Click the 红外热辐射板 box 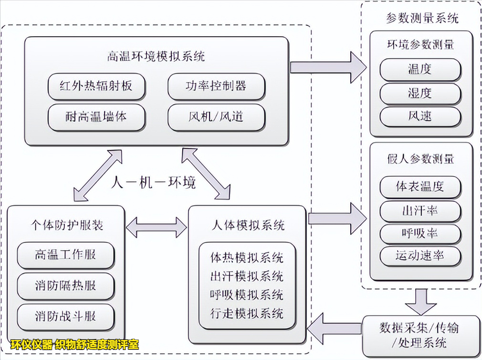click(96, 87)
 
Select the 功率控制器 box click(216, 86)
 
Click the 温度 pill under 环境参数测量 click(420, 70)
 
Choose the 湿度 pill click(420, 94)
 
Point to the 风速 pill click(420, 116)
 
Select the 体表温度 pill click(420, 187)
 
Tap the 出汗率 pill click(420, 210)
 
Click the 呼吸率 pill click(420, 233)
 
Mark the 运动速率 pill click(420, 256)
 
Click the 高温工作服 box click(65, 255)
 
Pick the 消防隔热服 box click(65, 286)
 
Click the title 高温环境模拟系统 click(156, 57)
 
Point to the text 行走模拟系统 click(247, 313)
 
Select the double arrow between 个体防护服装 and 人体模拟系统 click(156, 227)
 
